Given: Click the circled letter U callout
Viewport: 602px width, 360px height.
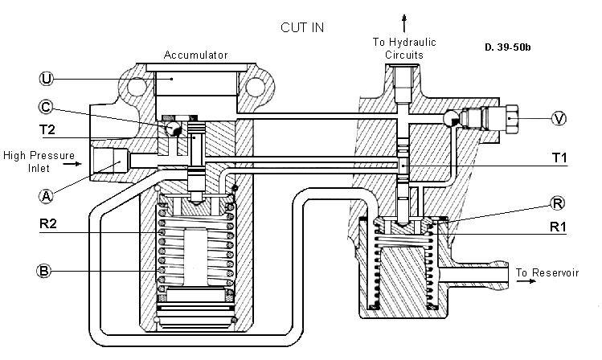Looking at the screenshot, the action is [46, 79].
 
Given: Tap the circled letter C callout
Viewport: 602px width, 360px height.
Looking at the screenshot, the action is [46, 107].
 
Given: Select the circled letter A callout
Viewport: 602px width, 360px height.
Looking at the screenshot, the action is [46, 197].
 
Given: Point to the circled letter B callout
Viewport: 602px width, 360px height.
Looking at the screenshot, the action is [43, 271].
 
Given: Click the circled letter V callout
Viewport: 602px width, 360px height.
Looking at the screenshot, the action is [559, 118].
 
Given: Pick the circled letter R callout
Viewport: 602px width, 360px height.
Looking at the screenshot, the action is [557, 203].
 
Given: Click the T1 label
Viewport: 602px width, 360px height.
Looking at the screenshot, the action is [559, 157].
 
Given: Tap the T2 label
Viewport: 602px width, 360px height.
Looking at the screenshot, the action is [47, 129].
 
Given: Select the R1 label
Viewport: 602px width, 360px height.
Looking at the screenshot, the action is [559, 227].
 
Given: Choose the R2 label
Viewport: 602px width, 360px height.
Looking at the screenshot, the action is [48, 223].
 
